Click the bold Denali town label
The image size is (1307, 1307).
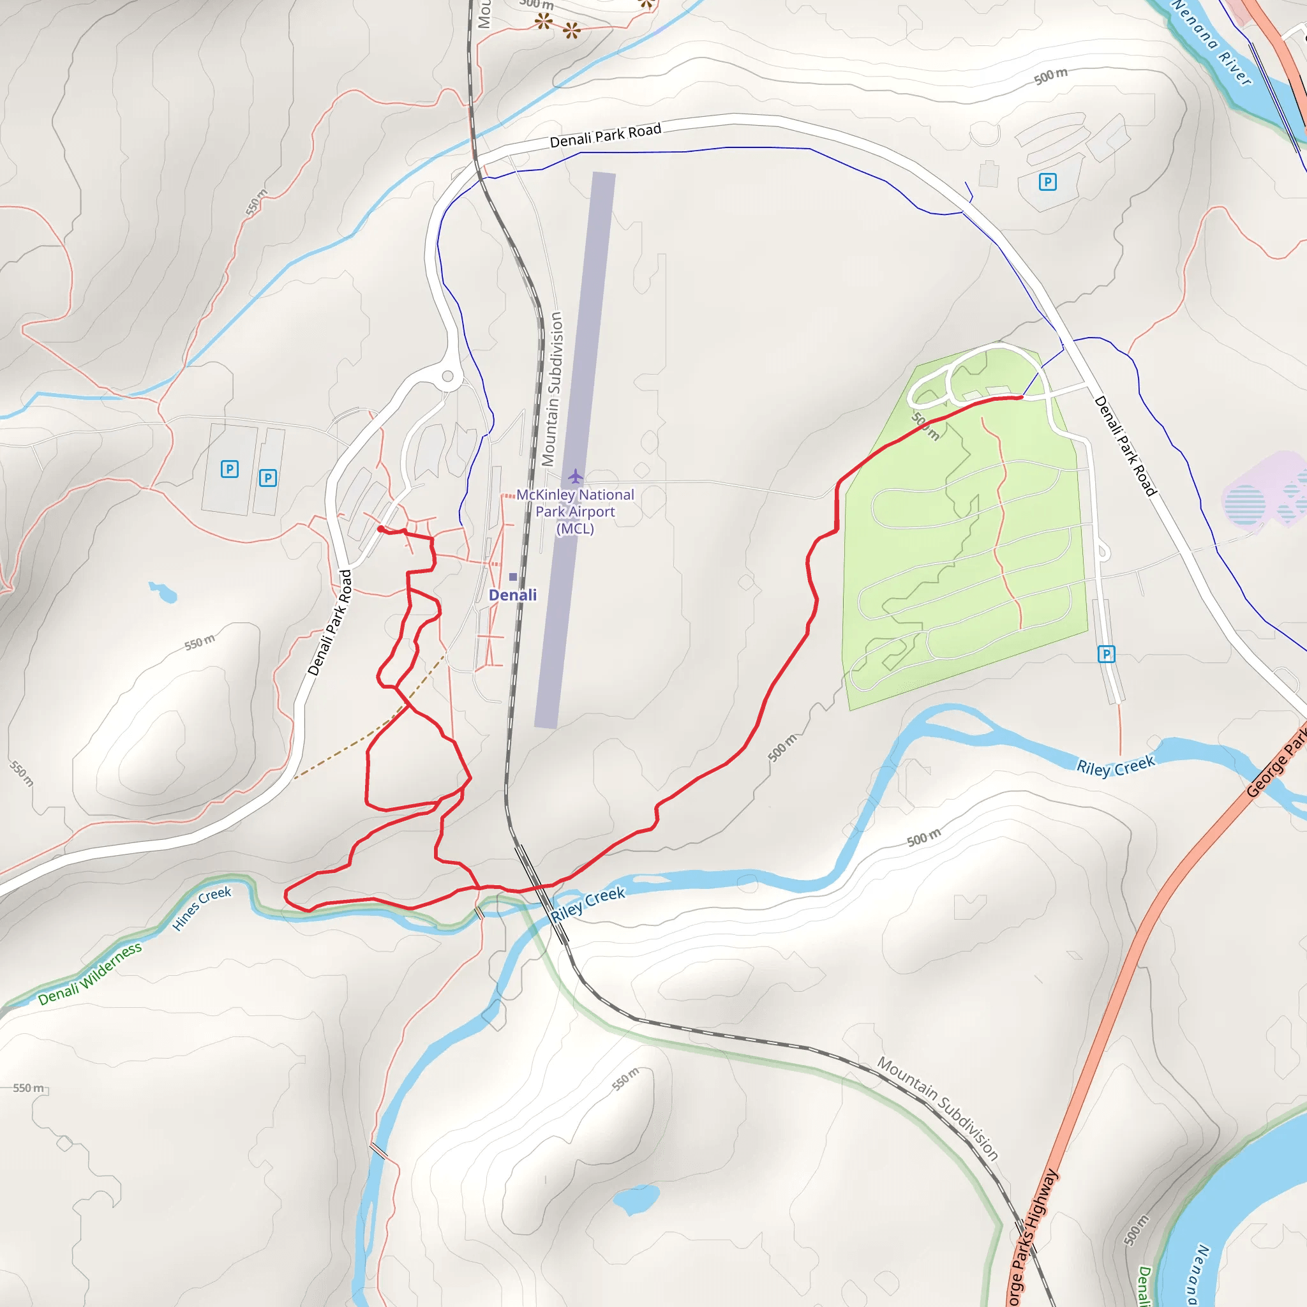tap(513, 595)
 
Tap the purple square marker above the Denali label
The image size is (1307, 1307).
tap(513, 577)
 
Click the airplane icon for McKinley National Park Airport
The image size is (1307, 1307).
tap(576, 476)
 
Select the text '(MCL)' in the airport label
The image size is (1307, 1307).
tap(575, 528)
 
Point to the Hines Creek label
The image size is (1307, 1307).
tap(202, 908)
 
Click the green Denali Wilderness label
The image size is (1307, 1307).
tap(90, 974)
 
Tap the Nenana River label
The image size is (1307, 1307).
tap(1213, 43)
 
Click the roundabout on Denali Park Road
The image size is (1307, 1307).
tap(448, 377)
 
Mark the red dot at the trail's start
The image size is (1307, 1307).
tap(381, 529)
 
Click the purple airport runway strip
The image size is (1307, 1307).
tap(575, 450)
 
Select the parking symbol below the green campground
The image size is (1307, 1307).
tap(1106, 654)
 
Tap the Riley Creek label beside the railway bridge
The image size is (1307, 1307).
tap(587, 904)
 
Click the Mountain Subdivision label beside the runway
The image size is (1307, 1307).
tap(553, 389)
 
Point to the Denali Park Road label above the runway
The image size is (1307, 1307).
tap(605, 135)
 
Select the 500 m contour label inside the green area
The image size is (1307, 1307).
tap(925, 426)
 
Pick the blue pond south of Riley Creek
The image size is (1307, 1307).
tap(635, 1199)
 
